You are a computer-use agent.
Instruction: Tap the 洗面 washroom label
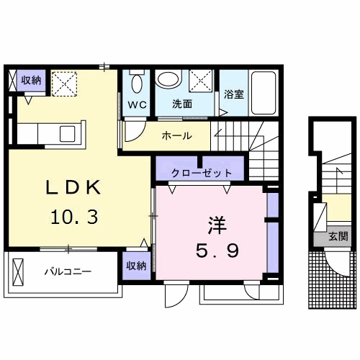[x=182, y=104]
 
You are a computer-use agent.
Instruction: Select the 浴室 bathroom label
[x=233, y=94]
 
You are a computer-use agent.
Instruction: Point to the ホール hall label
[x=176, y=135]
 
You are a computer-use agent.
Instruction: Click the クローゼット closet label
[x=202, y=173]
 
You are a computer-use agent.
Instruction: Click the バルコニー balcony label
[x=67, y=272]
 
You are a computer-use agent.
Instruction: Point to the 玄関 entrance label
[x=338, y=235]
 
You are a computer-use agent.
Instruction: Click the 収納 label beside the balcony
[x=136, y=266]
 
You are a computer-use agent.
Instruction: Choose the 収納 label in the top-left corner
[x=30, y=81]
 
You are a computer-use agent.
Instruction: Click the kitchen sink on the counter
[x=67, y=132]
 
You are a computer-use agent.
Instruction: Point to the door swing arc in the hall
[x=134, y=132]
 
